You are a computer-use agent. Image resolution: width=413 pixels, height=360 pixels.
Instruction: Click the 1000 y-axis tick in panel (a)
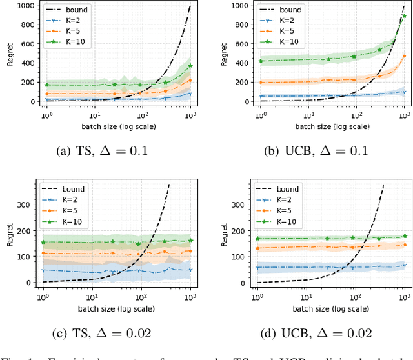click(x=28, y=6)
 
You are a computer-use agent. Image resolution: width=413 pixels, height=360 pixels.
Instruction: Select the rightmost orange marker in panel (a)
click(x=190, y=81)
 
